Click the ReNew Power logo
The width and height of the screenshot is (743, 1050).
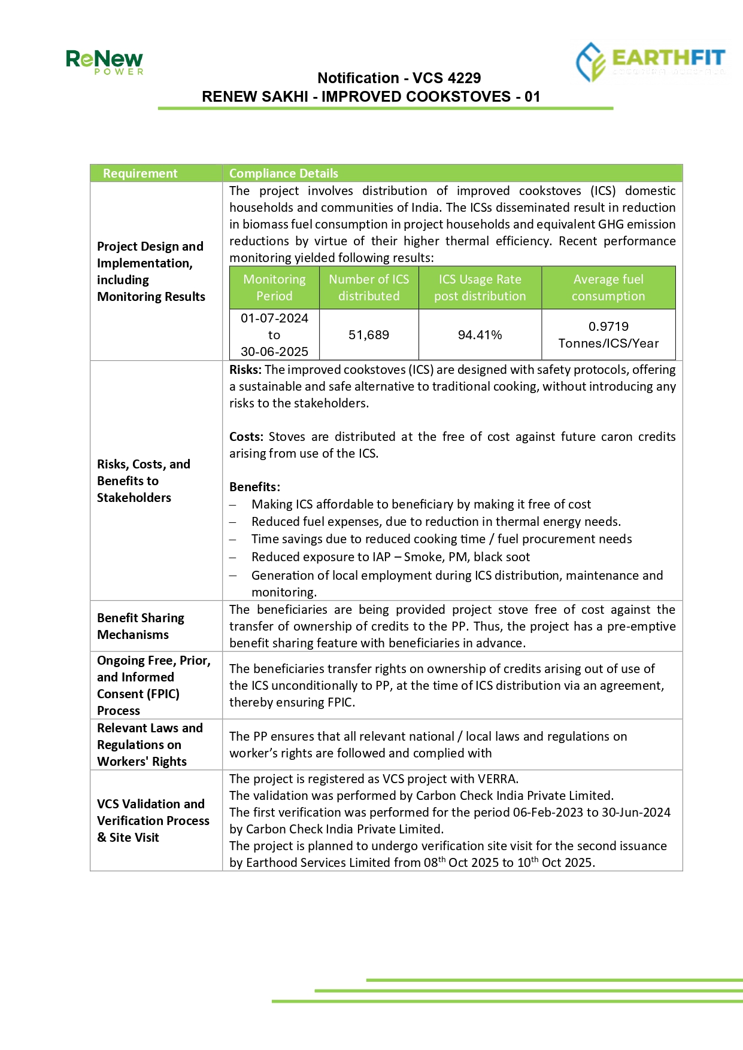[x=104, y=62]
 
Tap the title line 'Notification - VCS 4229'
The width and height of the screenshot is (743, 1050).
[x=399, y=78]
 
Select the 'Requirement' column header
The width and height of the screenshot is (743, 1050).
[x=140, y=174]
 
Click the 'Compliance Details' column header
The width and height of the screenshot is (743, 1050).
[x=283, y=174]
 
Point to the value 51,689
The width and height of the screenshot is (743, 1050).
[x=369, y=335]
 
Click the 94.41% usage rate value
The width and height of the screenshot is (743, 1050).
[x=480, y=335]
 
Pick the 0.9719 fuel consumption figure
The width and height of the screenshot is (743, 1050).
[x=608, y=327]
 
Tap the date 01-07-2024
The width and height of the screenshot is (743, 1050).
[x=274, y=318]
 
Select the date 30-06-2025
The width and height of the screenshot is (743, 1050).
[x=274, y=352]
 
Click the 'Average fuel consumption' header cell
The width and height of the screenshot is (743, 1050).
[x=608, y=288]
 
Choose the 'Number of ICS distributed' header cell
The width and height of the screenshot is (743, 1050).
[x=369, y=288]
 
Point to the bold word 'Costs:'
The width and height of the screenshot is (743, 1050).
[x=246, y=437]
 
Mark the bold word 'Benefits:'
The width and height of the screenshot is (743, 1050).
[x=254, y=487]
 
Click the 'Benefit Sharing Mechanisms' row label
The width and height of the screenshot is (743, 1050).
[x=141, y=626]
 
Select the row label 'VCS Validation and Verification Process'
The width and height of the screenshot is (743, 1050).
[x=153, y=820]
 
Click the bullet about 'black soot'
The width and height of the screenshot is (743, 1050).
[x=390, y=557]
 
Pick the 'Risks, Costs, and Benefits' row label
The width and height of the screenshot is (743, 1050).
[x=144, y=481]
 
